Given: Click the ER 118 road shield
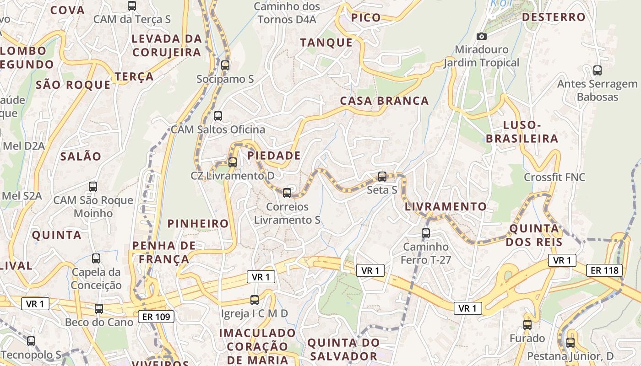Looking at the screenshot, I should (x=605, y=270).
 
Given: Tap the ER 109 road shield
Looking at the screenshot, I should (x=156, y=316).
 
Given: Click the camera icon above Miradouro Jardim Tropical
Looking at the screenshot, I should (x=481, y=36).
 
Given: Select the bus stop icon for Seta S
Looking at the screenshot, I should (x=382, y=176).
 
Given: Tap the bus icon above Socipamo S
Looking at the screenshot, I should (x=225, y=65).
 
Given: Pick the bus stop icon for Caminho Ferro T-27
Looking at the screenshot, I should (x=426, y=233).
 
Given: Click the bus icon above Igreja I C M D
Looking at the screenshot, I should (x=255, y=300).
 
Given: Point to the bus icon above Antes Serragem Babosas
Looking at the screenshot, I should (x=598, y=70).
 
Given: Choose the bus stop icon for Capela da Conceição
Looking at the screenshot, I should (x=96, y=258).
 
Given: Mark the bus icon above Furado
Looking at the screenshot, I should (x=527, y=325).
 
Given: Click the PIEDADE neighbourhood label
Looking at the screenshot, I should (x=274, y=156).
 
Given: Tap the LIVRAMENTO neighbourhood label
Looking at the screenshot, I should (x=445, y=207).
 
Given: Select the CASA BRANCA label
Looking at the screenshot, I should (x=384, y=101).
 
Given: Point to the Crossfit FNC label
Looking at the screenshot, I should (x=554, y=177).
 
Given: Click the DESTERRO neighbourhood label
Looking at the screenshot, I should (x=554, y=17).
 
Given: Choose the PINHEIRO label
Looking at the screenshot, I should (x=198, y=224).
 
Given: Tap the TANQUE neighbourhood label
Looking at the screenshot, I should (x=326, y=43).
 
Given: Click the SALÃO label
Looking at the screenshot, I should (x=81, y=156).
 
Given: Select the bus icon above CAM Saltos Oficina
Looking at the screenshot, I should (x=218, y=116).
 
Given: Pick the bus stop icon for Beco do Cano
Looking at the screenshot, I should (x=99, y=309).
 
